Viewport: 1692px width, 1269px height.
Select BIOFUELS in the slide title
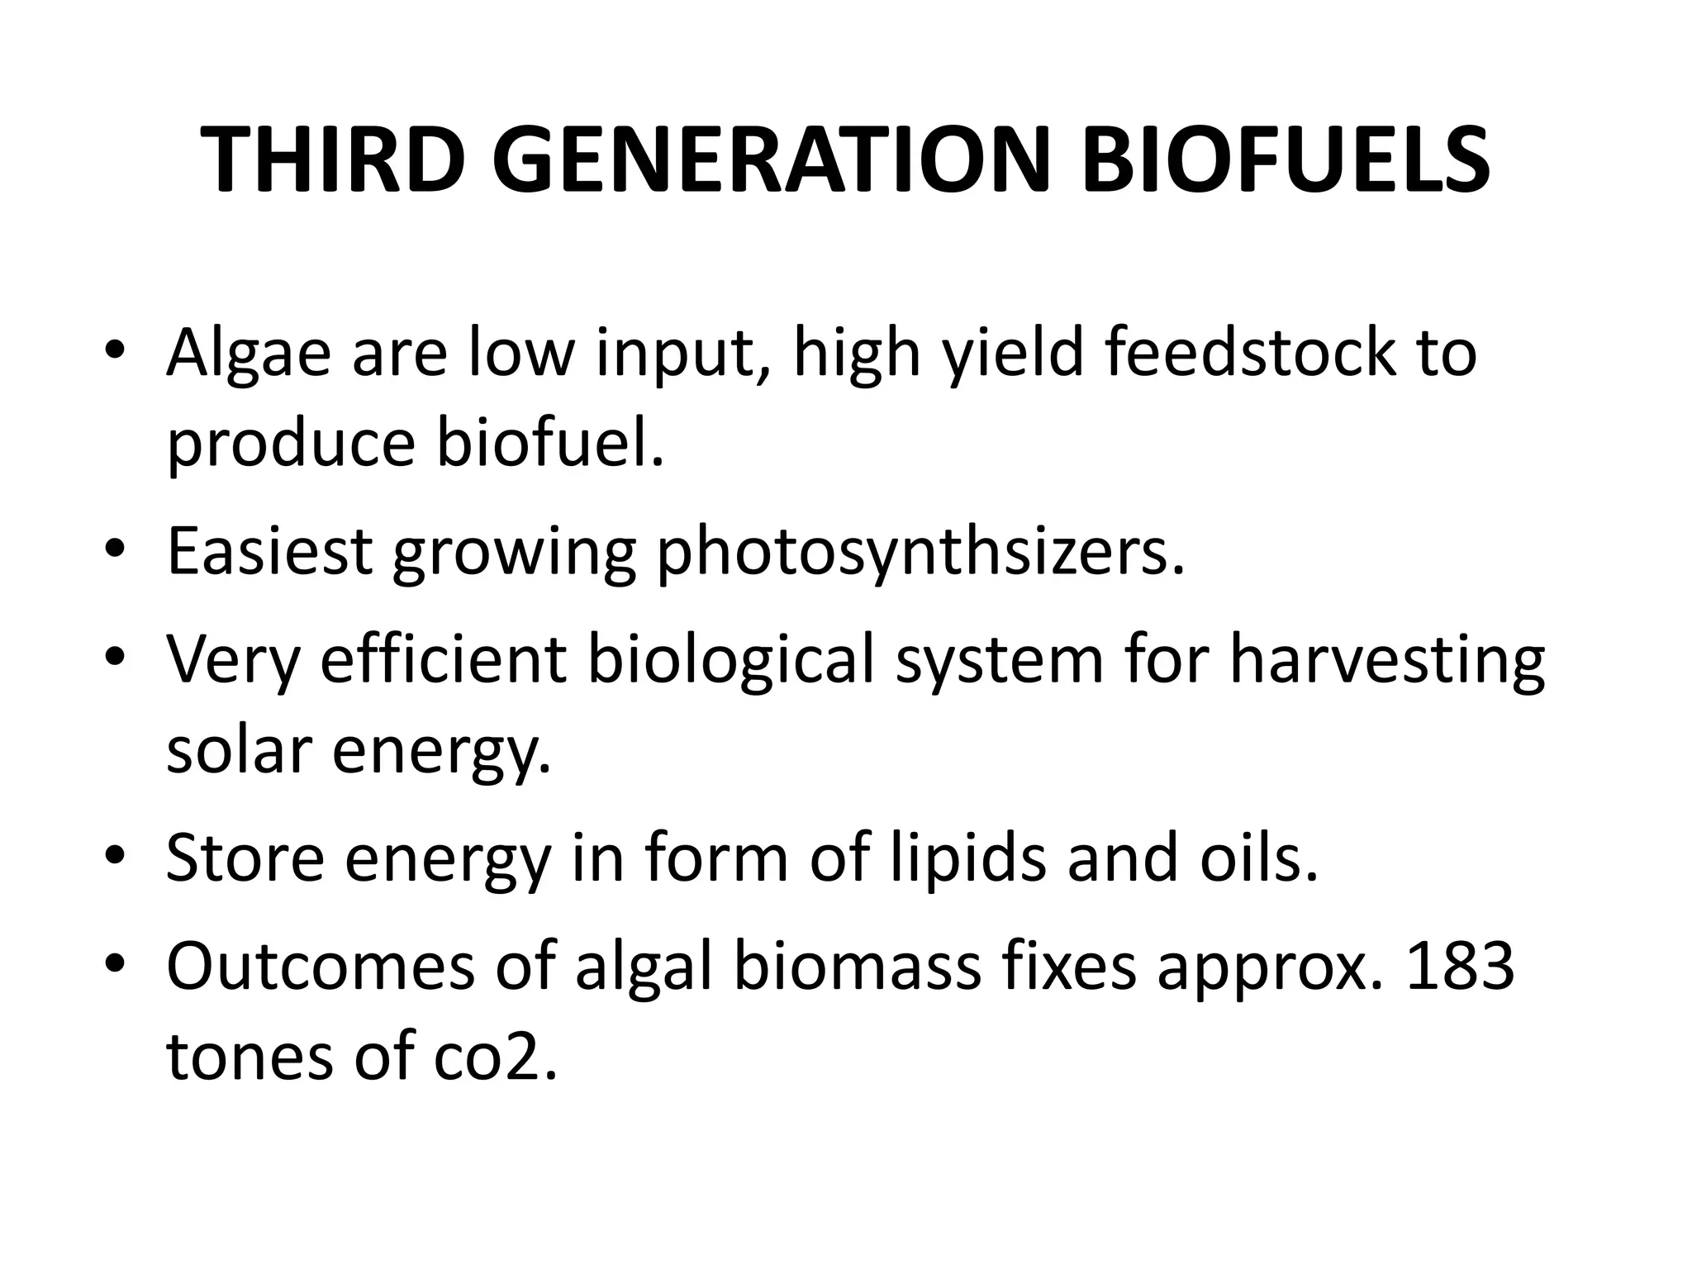[1285, 160]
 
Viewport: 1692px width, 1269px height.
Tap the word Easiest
[269, 552]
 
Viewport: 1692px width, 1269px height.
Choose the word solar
[239, 749]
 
